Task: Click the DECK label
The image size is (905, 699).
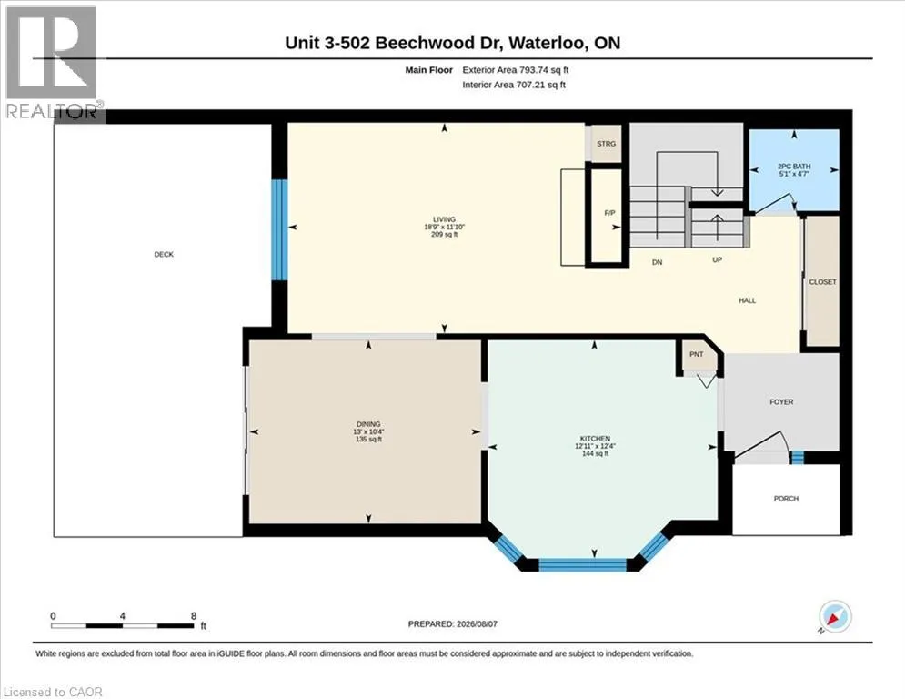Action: [164, 254]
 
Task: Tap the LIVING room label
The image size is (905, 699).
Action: [445, 219]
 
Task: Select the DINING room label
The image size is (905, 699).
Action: [368, 424]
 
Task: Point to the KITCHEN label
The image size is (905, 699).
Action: [595, 439]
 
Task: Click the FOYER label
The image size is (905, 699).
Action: [781, 402]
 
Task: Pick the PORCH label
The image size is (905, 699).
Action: [786, 499]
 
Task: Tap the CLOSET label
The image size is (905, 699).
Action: [822, 282]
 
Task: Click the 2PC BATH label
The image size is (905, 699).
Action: [794, 167]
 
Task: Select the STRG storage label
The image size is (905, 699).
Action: [606, 144]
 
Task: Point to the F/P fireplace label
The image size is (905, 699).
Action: [609, 213]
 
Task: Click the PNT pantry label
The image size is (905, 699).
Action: [697, 354]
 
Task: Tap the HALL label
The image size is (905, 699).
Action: [748, 300]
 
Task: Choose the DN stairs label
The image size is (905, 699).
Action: [657, 262]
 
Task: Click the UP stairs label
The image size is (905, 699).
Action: [718, 260]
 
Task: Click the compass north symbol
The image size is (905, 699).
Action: [835, 616]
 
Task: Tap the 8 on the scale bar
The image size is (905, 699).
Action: [194, 616]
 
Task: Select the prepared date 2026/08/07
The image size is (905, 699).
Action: [477, 623]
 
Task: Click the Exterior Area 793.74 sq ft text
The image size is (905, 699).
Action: [516, 70]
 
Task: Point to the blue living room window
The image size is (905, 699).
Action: [279, 230]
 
